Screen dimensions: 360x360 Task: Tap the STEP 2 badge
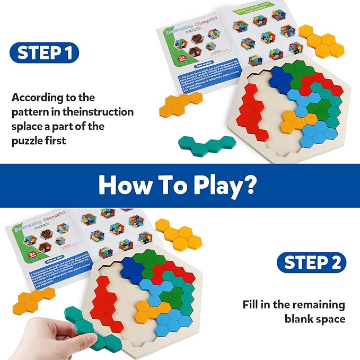tap(311, 262)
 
